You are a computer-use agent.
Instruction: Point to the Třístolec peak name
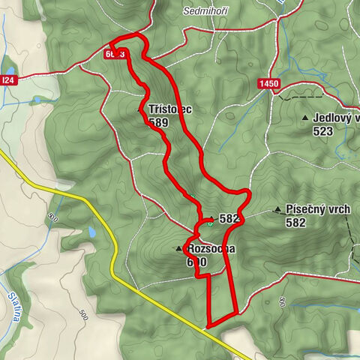tap(170, 109)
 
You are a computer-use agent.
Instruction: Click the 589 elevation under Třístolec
tap(158, 122)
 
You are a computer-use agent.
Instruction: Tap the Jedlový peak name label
tap(337, 118)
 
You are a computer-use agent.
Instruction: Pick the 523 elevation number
tap(325, 130)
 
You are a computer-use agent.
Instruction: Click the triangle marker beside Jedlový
tap(304, 118)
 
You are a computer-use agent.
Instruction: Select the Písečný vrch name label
tap(318, 210)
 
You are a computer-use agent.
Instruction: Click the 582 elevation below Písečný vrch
tap(296, 222)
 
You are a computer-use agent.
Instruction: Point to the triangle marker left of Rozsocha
tap(179, 248)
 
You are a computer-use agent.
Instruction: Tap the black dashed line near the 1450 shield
tap(300, 96)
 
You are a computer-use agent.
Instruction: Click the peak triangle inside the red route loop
tap(211, 219)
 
